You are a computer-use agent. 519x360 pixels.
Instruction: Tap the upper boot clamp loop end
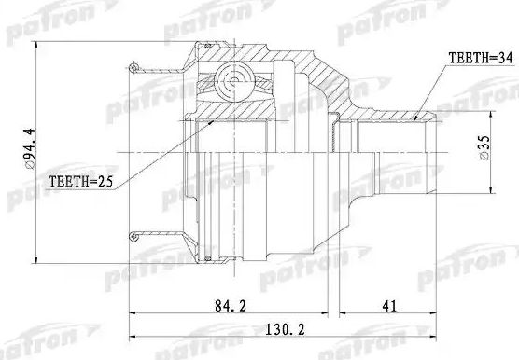pos(134,66)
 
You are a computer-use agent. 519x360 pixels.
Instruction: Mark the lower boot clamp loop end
pos(134,234)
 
